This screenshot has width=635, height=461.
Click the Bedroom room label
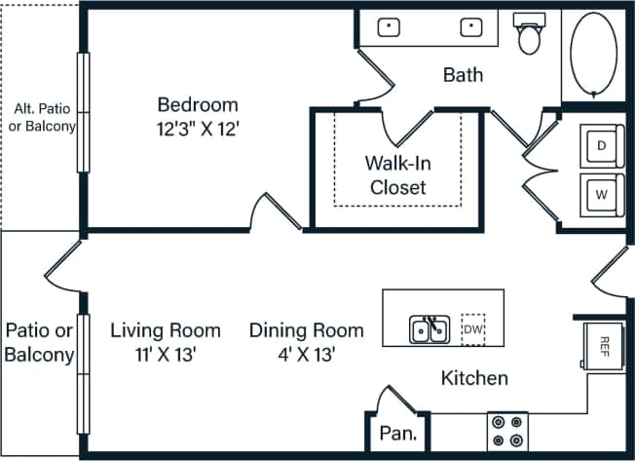pos(199,104)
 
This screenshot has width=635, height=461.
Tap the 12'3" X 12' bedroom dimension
pos(199,128)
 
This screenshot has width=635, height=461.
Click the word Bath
pos(463,74)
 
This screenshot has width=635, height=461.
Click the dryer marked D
pos(601,145)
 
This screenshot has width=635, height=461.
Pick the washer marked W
pos(601,194)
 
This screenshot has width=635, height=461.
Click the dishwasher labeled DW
pos(473,330)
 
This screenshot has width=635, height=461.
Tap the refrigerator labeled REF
pos(603,345)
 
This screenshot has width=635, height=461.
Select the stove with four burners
pos(506,430)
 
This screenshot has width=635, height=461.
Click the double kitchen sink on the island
pos(429,330)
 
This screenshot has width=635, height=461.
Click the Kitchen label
pos(474,378)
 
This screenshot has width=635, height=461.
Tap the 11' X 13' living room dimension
pos(165,354)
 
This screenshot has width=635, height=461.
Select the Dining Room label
pos(306,330)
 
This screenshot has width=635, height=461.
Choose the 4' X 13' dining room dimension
pos(306,354)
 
